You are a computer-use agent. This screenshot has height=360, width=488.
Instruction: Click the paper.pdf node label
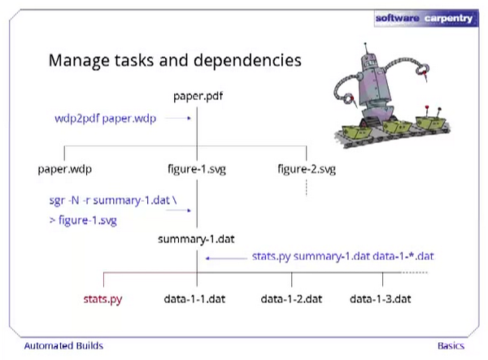(198, 98)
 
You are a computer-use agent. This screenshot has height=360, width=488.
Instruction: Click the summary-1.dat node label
(197, 240)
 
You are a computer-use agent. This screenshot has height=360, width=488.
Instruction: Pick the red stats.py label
(102, 299)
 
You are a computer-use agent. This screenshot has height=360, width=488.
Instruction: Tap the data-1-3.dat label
(382, 299)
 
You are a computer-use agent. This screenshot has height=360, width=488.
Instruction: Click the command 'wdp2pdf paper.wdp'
(103, 119)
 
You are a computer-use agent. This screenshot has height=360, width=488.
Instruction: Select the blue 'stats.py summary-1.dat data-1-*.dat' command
(343, 257)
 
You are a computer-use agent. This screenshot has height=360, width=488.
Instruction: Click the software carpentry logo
(427, 16)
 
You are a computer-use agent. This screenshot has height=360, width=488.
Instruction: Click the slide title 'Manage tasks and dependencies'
(176, 60)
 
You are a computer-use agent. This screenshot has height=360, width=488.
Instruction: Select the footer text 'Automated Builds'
(63, 345)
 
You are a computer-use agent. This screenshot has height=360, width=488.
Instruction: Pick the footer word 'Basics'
(451, 345)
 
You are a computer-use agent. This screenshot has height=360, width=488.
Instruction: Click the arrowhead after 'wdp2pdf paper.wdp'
(189, 119)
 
